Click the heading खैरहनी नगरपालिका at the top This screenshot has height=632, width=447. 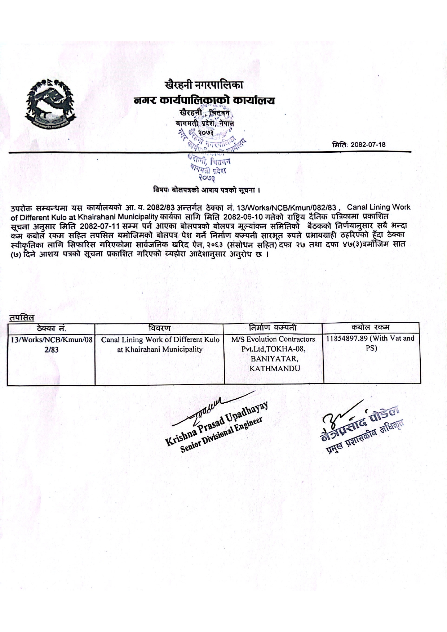[x=204, y=85]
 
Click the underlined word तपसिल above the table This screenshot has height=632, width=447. [x=22, y=318]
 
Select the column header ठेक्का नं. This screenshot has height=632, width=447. [x=51, y=328]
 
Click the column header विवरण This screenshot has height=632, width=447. [x=159, y=328]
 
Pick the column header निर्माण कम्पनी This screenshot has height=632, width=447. [x=273, y=328]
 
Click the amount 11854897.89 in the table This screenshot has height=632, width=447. [x=347, y=339]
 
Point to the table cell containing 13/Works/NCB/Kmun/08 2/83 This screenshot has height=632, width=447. [x=51, y=344]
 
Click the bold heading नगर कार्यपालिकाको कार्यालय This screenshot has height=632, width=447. [x=204, y=100]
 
